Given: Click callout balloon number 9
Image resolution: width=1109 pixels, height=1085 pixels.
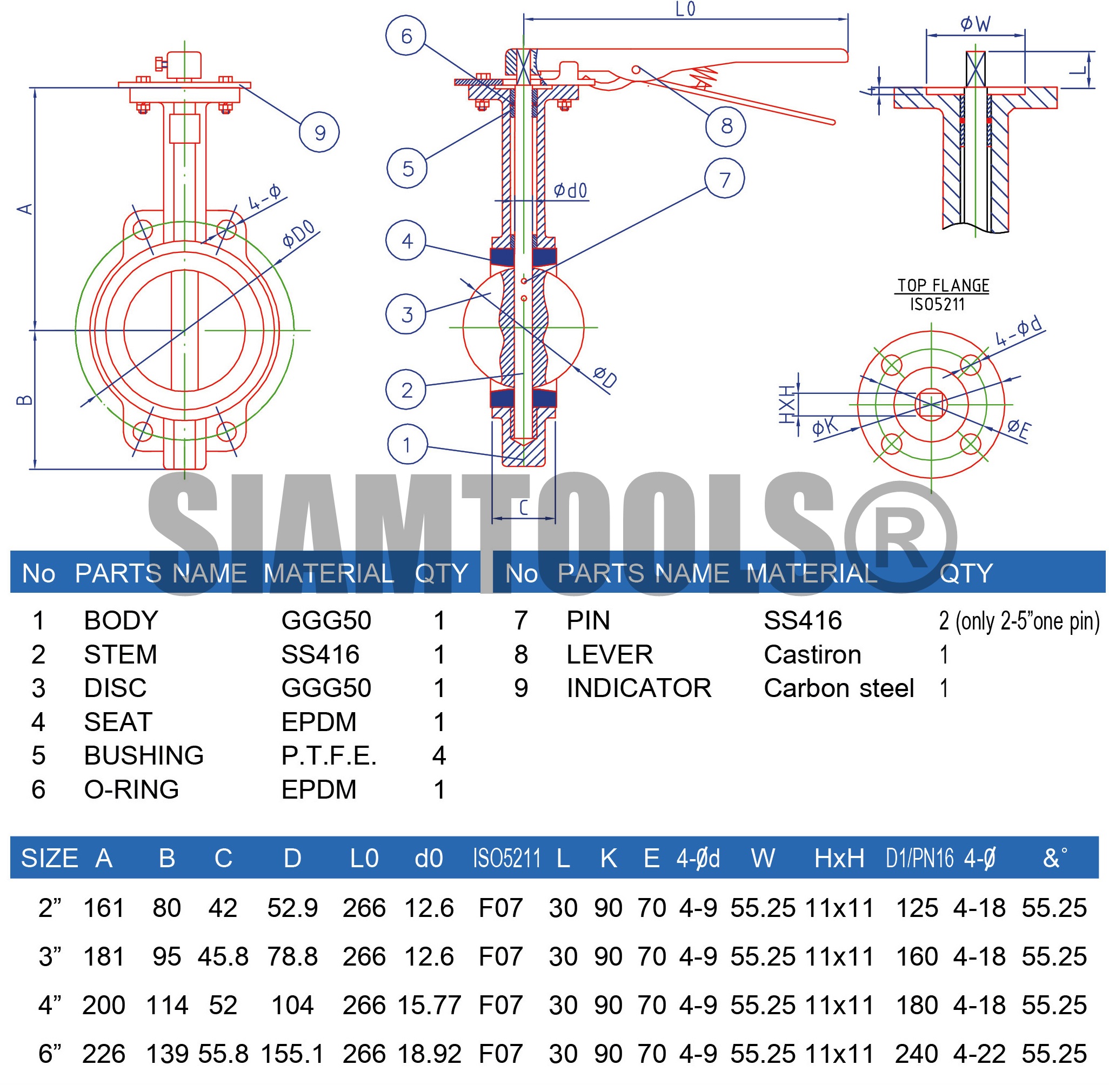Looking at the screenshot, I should [x=319, y=132].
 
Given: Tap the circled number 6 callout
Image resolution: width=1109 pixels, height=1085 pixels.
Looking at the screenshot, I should [x=406, y=35].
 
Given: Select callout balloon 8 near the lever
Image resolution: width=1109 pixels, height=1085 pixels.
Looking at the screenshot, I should [x=725, y=126].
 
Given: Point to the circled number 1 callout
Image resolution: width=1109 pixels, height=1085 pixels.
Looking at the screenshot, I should [x=407, y=445].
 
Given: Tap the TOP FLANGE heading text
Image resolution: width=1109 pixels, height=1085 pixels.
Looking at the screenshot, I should [x=943, y=285].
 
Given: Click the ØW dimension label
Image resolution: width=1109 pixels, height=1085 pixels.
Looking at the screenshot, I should [x=975, y=24].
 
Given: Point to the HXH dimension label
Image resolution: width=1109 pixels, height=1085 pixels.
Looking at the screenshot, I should [x=787, y=405].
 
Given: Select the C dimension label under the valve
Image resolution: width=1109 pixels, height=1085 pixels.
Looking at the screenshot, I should [x=524, y=508].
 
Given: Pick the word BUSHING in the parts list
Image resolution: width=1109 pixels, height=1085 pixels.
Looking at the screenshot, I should [x=144, y=755].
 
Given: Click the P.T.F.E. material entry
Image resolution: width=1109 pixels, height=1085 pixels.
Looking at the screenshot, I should [x=329, y=755].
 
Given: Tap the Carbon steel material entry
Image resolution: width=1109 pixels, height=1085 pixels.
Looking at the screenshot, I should [x=838, y=688].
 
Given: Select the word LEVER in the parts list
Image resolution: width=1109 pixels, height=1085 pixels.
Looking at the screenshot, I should [x=610, y=655].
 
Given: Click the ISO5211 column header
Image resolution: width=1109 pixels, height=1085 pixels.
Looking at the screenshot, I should [x=506, y=858].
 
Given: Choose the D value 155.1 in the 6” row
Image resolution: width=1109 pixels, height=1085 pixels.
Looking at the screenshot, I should [x=292, y=1054].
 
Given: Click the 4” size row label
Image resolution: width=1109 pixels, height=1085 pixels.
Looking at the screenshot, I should [x=50, y=1005].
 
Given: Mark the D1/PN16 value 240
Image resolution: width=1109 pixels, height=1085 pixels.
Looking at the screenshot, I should [x=917, y=1054].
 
